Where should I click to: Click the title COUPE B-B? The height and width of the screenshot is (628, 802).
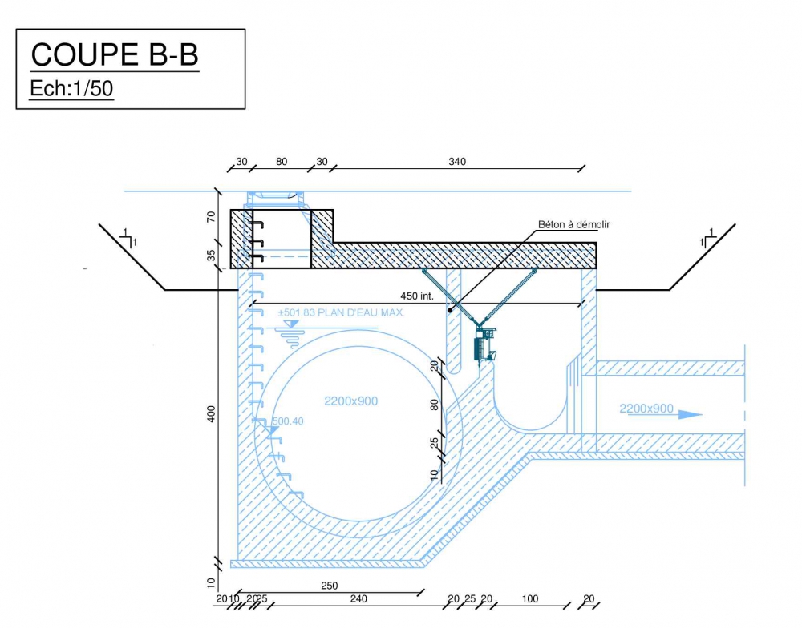(115, 54)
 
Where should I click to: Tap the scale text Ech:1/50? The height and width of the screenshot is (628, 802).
(71, 88)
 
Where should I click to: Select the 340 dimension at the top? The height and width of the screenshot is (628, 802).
(457, 162)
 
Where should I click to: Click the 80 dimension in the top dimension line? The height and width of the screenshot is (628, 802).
(282, 162)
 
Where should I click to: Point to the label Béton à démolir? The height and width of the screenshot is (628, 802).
(574, 224)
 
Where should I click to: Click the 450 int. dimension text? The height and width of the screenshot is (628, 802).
(417, 296)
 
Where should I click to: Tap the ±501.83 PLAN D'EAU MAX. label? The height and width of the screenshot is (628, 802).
(341, 312)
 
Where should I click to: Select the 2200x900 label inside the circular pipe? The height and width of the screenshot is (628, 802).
(351, 401)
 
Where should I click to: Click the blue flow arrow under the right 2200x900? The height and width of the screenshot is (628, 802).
(665, 414)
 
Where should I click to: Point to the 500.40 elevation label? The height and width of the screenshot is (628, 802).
(287, 421)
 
